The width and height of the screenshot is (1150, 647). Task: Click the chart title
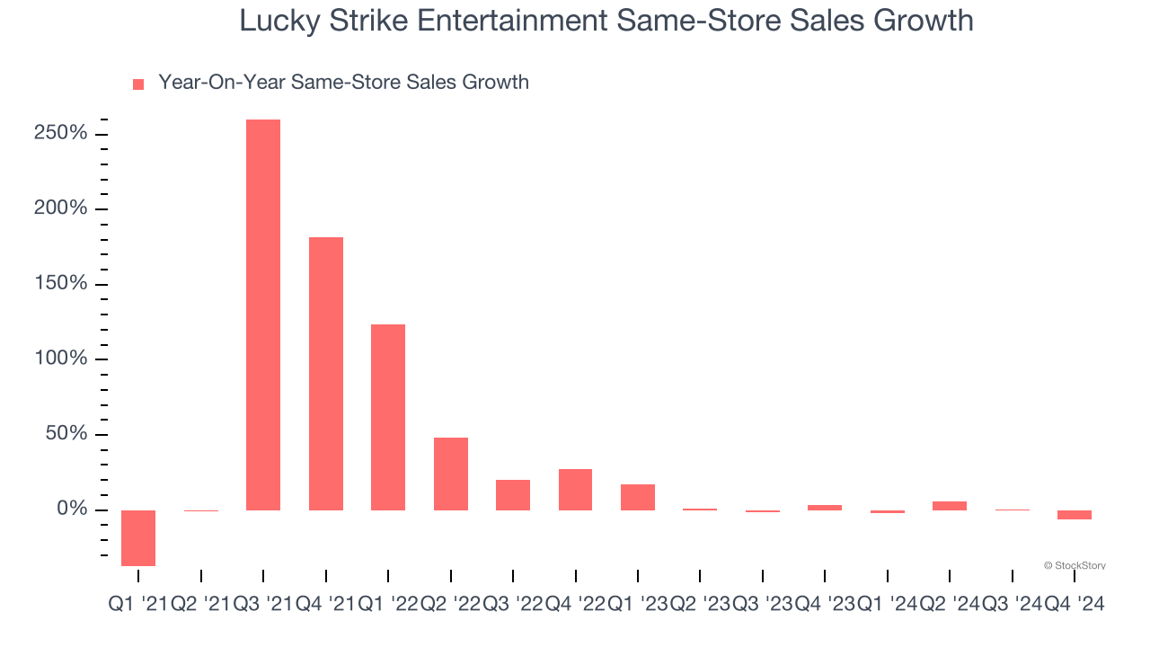[x=606, y=21]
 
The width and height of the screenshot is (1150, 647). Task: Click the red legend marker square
[x=138, y=84]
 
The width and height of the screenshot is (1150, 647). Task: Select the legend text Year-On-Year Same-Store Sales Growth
[x=343, y=83]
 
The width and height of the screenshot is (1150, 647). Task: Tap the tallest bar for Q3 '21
[x=263, y=315]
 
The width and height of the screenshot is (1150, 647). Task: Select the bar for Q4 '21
[x=326, y=373]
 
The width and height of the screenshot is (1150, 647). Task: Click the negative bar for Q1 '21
[x=138, y=537]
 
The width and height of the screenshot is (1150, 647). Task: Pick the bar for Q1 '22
[x=388, y=417]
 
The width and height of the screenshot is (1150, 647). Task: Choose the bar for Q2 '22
[x=451, y=474]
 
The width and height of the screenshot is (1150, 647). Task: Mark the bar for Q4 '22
[x=576, y=489]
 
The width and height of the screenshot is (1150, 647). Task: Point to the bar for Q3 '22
[x=513, y=494]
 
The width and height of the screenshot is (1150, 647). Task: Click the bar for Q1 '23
[x=638, y=497]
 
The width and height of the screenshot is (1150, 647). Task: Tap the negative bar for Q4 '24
[x=1075, y=515]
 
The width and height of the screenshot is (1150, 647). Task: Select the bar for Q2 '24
[x=950, y=506]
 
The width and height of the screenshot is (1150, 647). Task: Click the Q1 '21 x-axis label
[x=137, y=605]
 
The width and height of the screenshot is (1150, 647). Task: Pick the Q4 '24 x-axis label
[x=1075, y=605]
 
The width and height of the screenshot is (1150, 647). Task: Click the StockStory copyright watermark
[x=1075, y=565]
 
